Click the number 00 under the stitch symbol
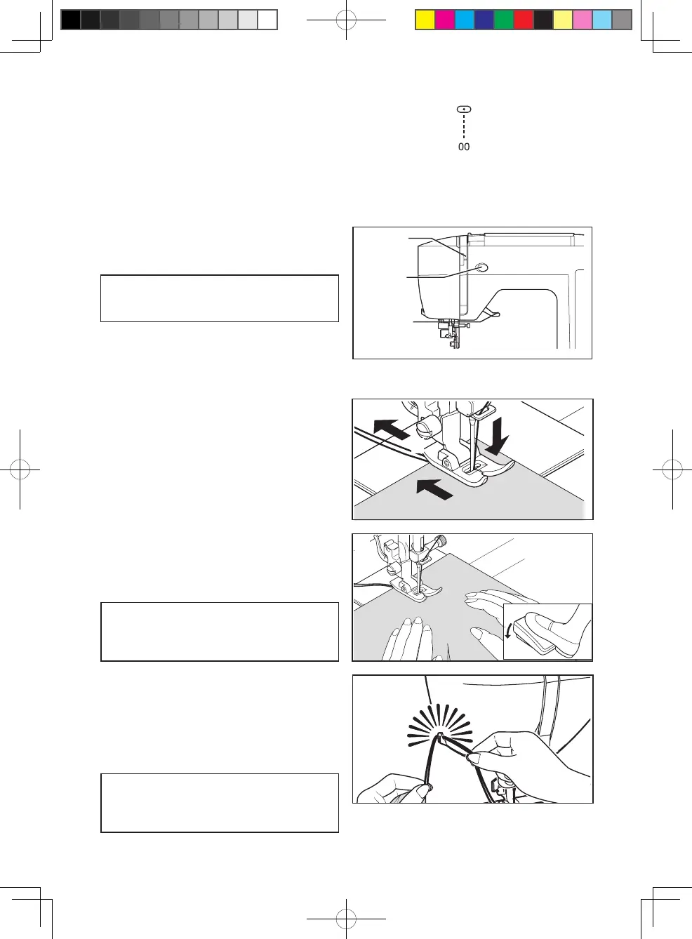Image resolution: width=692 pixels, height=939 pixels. tap(464, 147)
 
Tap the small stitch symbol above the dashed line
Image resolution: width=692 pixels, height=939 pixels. tap(464, 109)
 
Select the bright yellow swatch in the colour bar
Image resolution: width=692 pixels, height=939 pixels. tap(425, 20)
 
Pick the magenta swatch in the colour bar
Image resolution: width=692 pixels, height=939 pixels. tap(445, 20)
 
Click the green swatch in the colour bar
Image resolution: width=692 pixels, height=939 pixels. tap(504, 20)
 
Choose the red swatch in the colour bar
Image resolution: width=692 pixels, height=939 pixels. tap(524, 20)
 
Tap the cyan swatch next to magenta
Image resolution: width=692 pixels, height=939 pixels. tap(465, 20)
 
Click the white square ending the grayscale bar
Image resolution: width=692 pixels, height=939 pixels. tap(267, 20)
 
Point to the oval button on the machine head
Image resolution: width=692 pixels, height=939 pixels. tap(481, 267)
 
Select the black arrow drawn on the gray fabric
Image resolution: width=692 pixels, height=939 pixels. tap(434, 488)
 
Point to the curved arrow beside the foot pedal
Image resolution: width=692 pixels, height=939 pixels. tap(509, 631)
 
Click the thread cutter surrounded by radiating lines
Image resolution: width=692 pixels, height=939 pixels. tap(440, 738)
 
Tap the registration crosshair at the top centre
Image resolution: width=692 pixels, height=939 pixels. tap(346, 20)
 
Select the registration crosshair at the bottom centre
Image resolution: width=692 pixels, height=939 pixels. tap(346, 918)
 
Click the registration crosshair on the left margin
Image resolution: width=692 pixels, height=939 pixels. tap(20, 469)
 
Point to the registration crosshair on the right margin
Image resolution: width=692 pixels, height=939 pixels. tap(672, 469)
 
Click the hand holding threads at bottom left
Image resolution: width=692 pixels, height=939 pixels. tap(393, 790)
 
